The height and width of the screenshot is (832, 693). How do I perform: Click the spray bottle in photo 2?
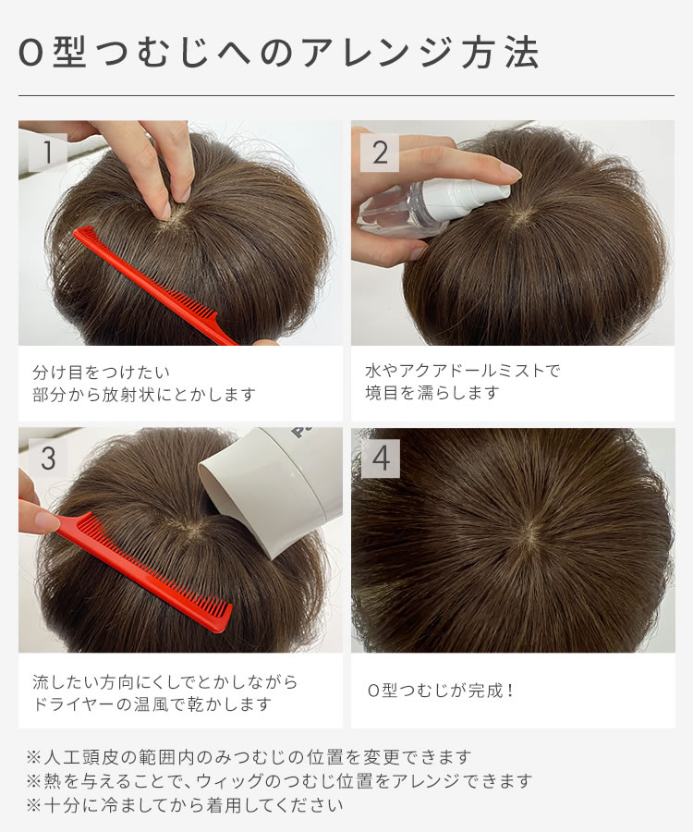point(434,203)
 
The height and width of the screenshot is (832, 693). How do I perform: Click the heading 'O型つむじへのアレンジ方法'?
point(278,53)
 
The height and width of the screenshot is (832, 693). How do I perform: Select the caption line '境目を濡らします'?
point(432,393)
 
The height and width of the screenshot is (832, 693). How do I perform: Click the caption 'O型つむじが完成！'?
point(440,691)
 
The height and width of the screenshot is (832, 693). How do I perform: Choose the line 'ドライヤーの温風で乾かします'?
point(152,704)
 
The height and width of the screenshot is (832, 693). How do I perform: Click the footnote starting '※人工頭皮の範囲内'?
point(249,756)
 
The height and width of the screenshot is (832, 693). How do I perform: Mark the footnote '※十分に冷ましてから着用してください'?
point(186,805)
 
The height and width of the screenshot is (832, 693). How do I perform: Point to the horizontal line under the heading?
point(346,96)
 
